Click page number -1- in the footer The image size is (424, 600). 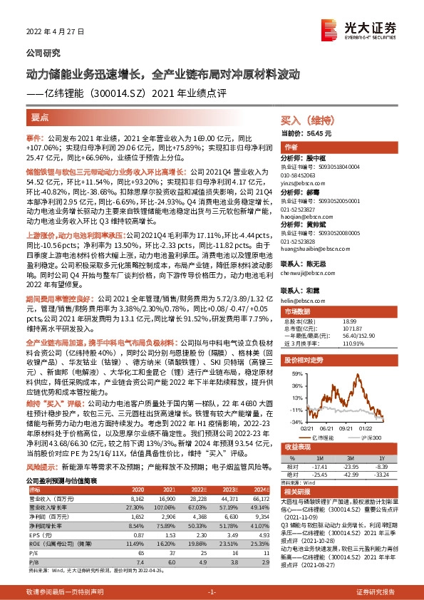click(x=211, y=592)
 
